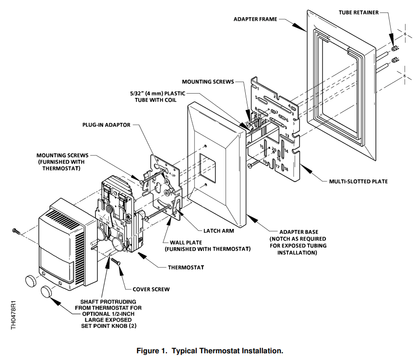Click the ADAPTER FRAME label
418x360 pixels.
coord(255,19)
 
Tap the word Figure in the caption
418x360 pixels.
coord(149,351)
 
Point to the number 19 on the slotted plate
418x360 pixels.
coord(265,163)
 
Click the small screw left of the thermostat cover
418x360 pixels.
coord(16,231)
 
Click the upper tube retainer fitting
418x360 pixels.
coord(394,48)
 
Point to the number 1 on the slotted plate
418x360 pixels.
coord(257,89)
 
